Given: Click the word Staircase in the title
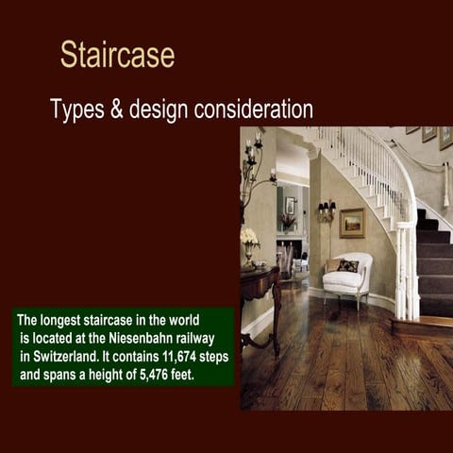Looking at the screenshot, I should tap(117, 54).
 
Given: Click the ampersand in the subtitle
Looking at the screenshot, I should tap(117, 109).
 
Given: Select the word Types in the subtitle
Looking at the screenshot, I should tap(79, 109).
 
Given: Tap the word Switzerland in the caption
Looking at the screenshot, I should tap(62, 359).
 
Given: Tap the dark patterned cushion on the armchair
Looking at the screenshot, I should tap(348, 266).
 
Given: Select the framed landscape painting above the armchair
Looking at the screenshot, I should tap(352, 223).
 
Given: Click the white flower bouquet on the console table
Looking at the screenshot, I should tap(249, 237).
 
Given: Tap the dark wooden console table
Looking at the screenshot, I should tap(260, 293).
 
